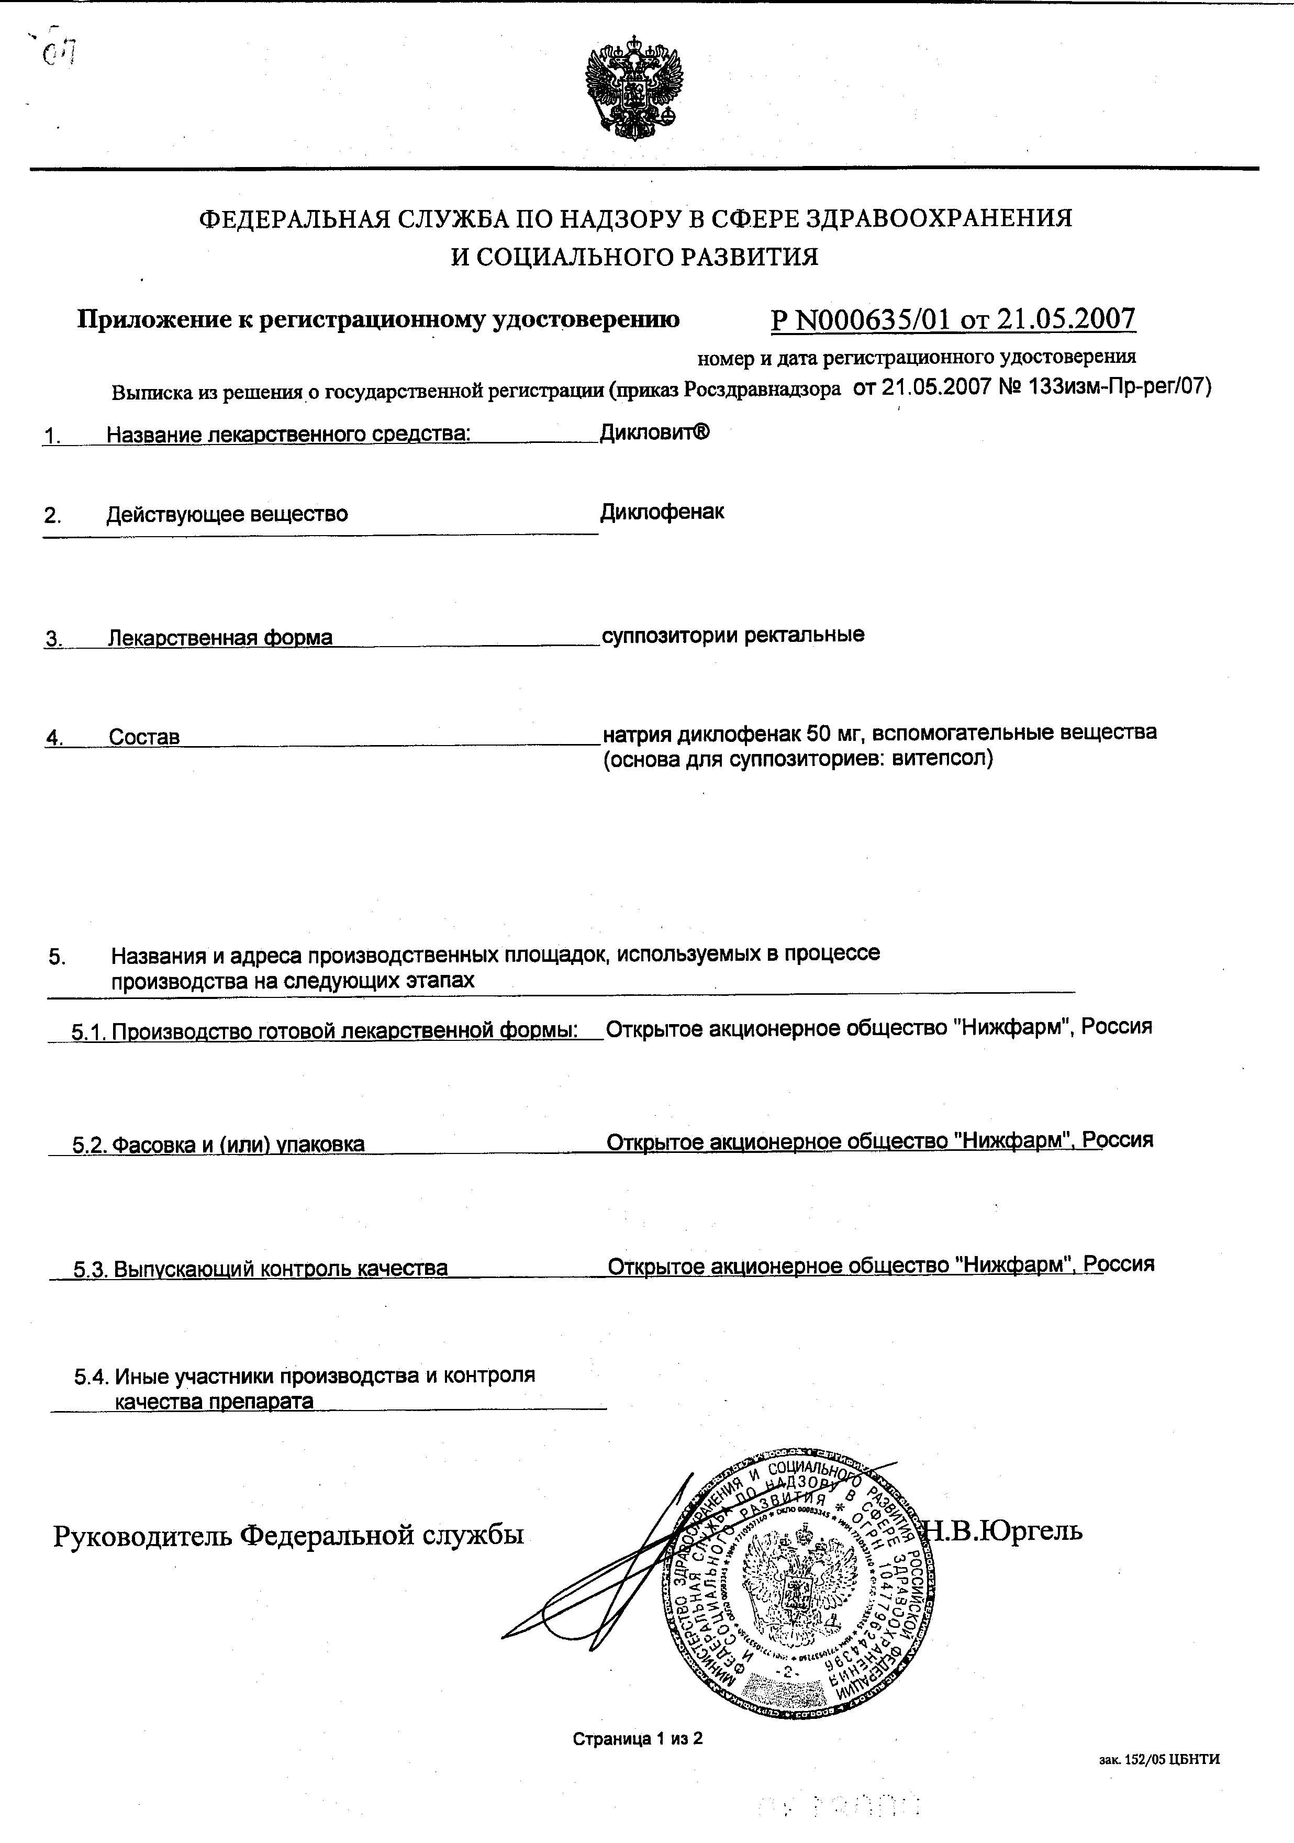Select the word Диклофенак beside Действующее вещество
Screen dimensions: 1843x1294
[x=662, y=512]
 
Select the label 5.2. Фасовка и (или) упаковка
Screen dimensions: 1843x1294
[x=218, y=1144]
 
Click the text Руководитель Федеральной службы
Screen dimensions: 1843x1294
[x=288, y=1535]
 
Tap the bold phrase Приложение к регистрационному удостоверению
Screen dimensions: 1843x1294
[x=378, y=319]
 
